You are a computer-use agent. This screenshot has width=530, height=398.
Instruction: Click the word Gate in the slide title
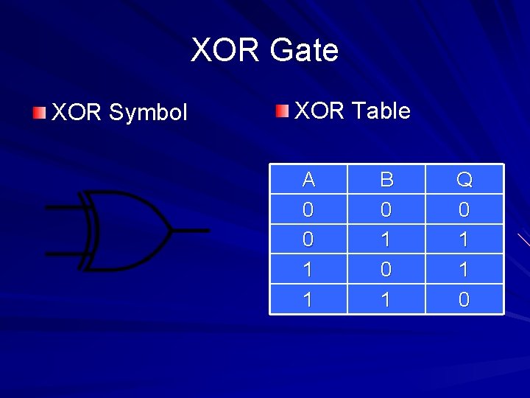(x=304, y=51)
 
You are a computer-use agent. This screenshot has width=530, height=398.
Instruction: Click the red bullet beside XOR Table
(x=283, y=111)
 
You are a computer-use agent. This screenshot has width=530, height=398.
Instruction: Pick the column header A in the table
(x=308, y=179)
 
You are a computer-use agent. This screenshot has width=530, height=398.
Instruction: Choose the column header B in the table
(x=386, y=179)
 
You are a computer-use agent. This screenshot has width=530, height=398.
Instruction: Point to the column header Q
(x=464, y=179)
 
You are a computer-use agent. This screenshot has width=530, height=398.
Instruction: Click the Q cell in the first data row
(x=464, y=210)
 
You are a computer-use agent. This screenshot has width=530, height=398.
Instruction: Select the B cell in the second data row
(x=386, y=240)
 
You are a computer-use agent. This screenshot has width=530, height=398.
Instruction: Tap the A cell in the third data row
(x=308, y=270)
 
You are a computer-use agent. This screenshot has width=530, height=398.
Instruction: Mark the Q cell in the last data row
(x=464, y=299)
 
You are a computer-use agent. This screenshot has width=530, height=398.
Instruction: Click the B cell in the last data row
(x=386, y=299)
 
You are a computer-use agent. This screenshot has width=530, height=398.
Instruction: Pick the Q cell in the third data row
(x=464, y=270)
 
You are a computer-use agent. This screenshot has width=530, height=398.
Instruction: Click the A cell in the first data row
(x=308, y=210)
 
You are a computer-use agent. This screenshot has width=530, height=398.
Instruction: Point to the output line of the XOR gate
(x=191, y=230)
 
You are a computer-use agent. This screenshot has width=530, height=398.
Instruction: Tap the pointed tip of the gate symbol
(x=172, y=230)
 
